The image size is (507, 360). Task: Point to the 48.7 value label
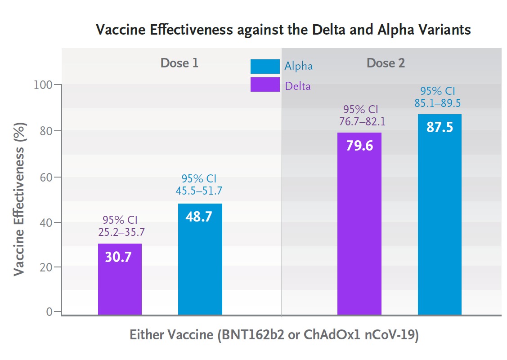tap(198, 217)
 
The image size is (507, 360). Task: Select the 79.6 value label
tap(359, 146)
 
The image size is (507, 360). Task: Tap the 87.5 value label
tap(440, 127)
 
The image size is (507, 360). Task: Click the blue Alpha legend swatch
tap(265, 66)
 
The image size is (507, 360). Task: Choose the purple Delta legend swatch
tap(265, 84)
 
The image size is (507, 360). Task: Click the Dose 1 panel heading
tap(179, 63)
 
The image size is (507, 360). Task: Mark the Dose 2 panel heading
tap(386, 63)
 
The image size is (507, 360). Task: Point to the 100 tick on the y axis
tap(43, 84)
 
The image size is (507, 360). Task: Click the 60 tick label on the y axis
tap(46, 177)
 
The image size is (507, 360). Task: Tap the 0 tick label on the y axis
tap(50, 311)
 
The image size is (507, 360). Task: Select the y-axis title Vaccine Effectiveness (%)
tap(19, 199)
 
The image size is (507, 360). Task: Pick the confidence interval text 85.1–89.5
tap(437, 103)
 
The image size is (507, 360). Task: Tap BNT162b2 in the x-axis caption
tap(254, 336)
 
